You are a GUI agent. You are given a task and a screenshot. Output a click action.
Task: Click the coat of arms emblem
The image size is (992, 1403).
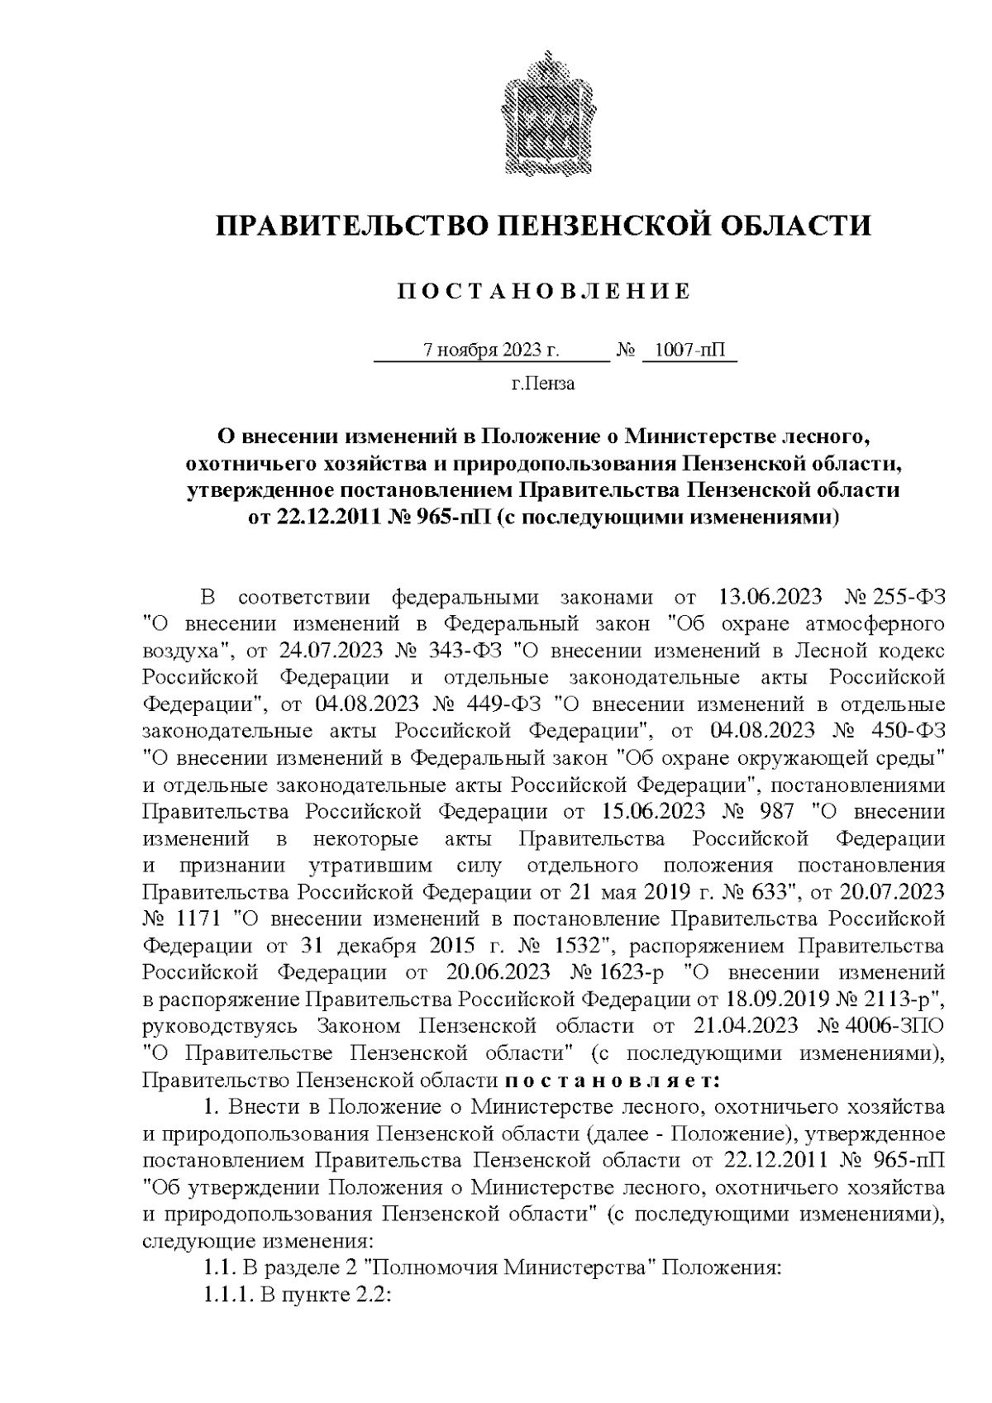[542, 113]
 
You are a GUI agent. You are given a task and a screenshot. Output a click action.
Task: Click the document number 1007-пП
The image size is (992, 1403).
[689, 351]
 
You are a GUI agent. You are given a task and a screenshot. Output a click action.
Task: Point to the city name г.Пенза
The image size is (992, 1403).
[542, 384]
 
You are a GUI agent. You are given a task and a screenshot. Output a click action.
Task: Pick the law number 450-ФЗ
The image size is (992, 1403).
[909, 730]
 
